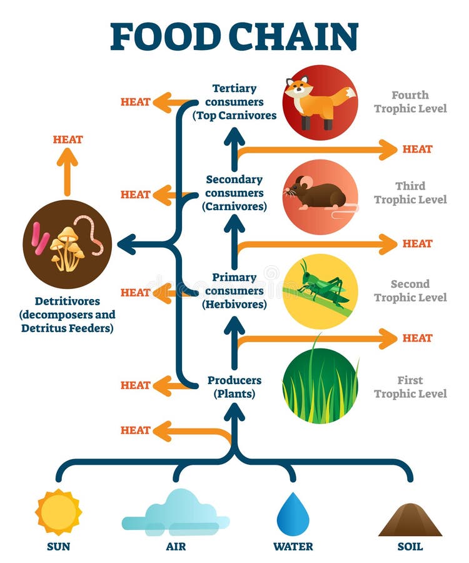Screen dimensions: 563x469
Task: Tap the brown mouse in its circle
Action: point(318,194)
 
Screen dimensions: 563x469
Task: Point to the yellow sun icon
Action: point(58,512)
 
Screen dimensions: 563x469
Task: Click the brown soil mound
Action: point(410,520)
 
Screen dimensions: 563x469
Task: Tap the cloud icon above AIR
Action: point(176,513)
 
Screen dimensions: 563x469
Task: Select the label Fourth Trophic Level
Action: point(410,102)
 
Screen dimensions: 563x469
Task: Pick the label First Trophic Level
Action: point(410,387)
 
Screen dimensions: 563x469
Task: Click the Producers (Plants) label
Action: point(234,387)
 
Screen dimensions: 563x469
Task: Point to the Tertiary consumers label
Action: point(234,102)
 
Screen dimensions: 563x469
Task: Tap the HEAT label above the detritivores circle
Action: point(68,139)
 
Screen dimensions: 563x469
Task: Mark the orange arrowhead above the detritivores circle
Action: point(68,157)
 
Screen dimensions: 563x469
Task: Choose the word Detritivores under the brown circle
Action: point(67,302)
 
